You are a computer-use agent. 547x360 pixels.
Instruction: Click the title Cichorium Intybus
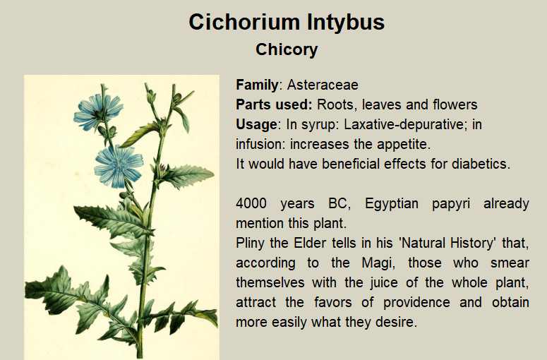click(287, 22)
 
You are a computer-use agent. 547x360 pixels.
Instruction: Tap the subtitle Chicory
click(287, 49)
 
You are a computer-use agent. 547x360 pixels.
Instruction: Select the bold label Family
click(257, 85)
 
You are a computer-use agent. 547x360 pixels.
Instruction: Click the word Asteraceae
click(323, 85)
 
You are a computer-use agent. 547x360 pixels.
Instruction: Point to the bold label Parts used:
click(274, 104)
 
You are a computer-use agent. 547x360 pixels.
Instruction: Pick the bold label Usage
click(256, 125)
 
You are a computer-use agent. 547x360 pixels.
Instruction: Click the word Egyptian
click(391, 204)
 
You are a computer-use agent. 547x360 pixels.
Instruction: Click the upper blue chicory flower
click(98, 111)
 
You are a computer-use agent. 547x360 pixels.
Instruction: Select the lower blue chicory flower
click(119, 167)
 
